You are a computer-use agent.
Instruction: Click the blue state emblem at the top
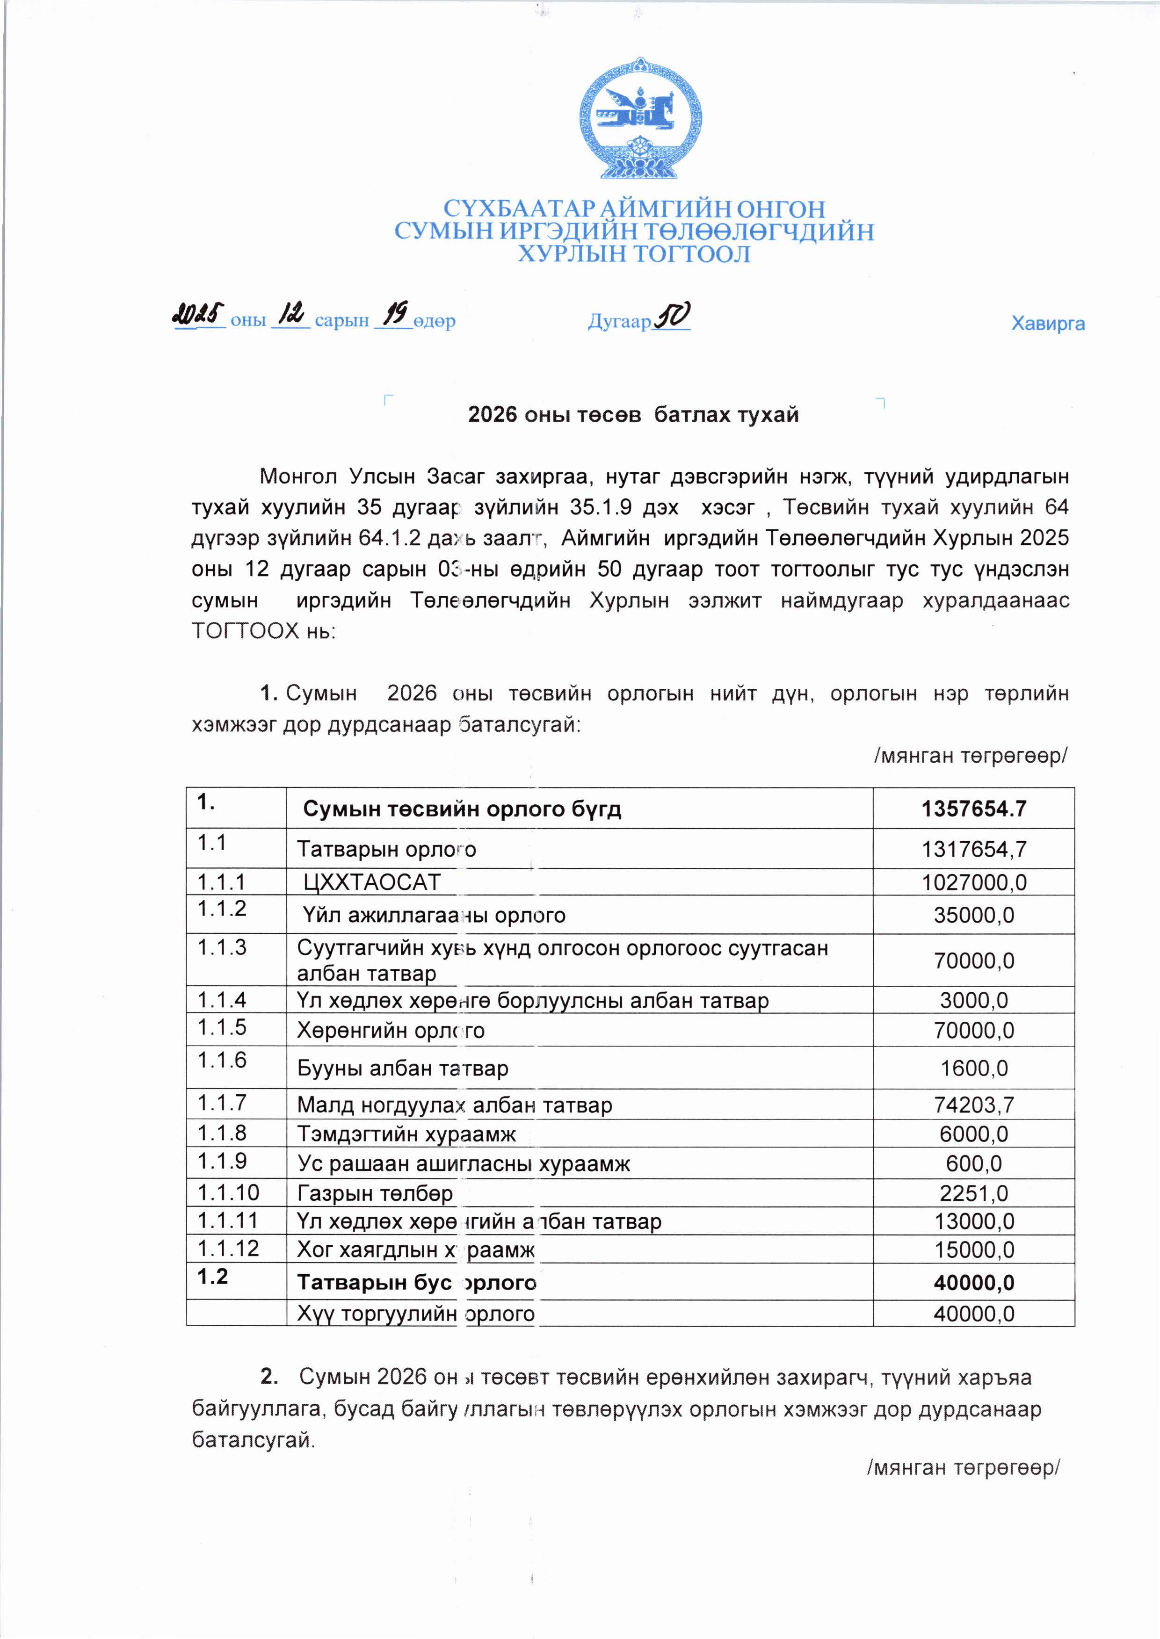point(639,118)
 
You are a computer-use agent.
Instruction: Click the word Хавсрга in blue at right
point(1047,324)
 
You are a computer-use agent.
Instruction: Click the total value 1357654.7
point(973,809)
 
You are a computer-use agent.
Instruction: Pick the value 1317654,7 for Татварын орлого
point(973,849)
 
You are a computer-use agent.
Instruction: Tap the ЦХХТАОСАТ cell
point(371,882)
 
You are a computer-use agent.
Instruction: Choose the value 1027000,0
point(973,882)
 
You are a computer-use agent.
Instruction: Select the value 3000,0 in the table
point(973,1000)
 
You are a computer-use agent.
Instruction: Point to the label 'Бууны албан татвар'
point(402,1069)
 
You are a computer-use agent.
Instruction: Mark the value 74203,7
point(973,1105)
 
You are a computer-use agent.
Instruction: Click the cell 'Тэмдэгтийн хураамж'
point(406,1134)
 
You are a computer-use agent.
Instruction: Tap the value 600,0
point(973,1163)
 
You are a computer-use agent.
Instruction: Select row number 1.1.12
point(228,1249)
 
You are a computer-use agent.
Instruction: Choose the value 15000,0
point(973,1250)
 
